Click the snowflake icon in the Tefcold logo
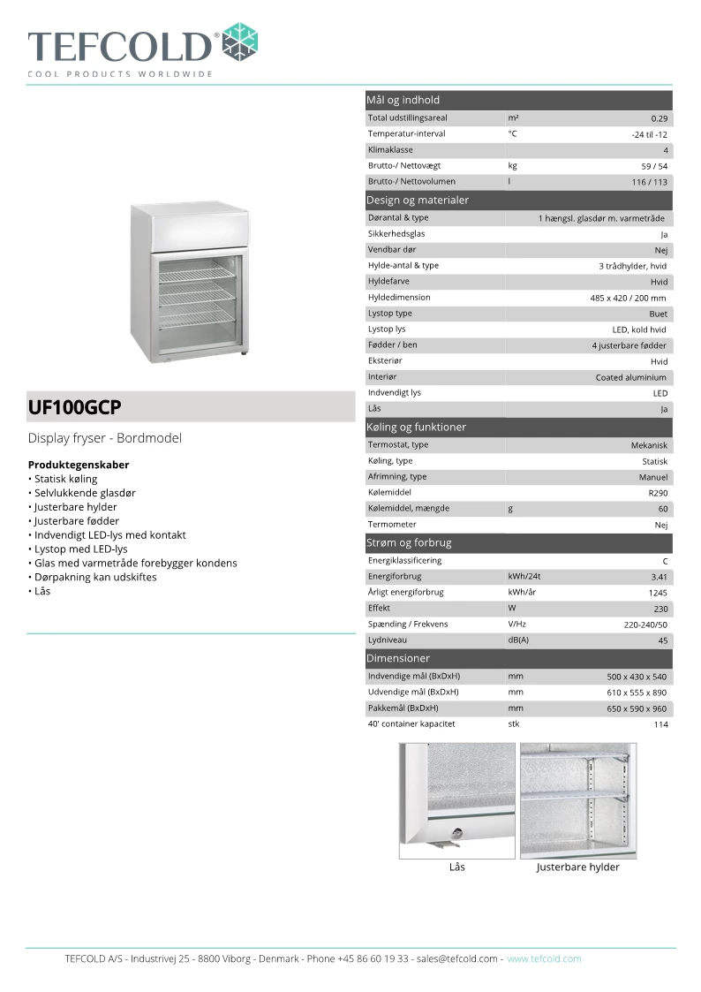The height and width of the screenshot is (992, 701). tap(239, 42)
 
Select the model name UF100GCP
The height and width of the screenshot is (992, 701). tap(75, 408)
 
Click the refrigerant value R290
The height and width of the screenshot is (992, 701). tap(657, 493)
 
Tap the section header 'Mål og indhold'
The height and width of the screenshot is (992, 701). tap(403, 100)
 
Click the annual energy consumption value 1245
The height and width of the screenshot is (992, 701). tap(657, 593)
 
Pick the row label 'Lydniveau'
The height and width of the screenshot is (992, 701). tap(386, 640)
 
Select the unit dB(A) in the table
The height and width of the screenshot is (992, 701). tap(518, 640)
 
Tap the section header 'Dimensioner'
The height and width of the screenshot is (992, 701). tap(398, 658)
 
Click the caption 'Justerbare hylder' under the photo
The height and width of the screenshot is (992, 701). tap(577, 867)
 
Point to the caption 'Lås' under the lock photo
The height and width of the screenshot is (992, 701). tap(456, 867)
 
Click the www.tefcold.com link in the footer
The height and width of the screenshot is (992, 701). tap(544, 958)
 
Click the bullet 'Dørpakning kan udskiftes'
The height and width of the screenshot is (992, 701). tap(95, 577)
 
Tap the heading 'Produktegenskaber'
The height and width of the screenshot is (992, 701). tap(79, 465)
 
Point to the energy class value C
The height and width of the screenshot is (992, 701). tap(665, 561)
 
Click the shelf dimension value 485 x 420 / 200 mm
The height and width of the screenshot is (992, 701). tap(628, 299)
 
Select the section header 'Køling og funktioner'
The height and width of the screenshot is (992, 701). tap(416, 427)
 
